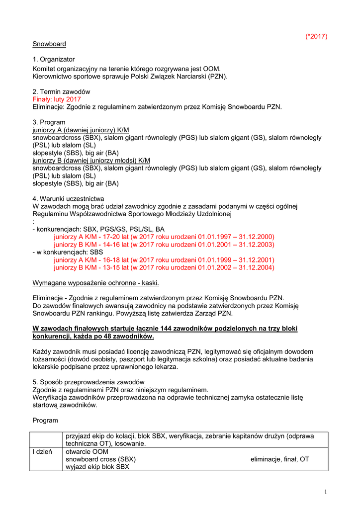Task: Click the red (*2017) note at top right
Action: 316,36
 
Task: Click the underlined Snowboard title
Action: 49,44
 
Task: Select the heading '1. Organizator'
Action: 54,60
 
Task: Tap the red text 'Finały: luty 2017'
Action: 57,99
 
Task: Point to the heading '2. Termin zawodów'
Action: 61,92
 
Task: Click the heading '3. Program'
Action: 49,122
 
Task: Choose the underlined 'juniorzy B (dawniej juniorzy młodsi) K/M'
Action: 91,161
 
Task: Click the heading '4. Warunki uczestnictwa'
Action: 68,199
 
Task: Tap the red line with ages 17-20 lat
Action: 164,237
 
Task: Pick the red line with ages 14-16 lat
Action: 164,245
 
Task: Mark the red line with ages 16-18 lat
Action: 164,260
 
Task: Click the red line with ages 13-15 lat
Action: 164,267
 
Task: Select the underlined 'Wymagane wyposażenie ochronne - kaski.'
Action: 96,283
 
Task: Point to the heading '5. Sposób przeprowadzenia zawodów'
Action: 85,382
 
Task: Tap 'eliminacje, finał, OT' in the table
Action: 279,459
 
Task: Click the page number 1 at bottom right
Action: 325,492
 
